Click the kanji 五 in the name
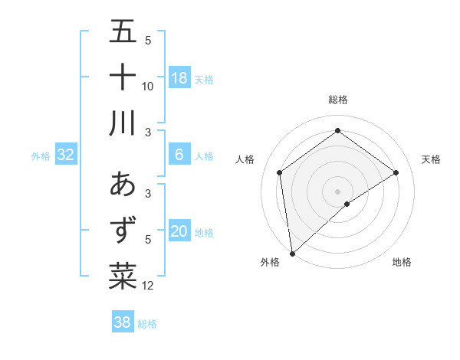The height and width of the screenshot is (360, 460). coord(123,32)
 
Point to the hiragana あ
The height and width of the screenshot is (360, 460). coord(123,185)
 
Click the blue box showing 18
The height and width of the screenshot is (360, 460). coord(179,78)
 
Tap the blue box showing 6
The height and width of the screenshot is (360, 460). coord(179,155)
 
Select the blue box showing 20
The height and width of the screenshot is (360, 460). coord(179,231)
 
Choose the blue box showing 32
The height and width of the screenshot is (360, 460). coord(66,155)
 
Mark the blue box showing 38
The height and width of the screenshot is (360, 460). coord(123,322)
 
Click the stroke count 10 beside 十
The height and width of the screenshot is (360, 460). coord(147,86)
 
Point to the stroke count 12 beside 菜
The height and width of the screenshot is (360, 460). coord(148,286)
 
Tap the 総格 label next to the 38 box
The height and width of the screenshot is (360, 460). coord(147,324)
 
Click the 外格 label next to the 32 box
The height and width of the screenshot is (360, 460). coord(41,156)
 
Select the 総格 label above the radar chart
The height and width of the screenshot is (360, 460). coord(337,100)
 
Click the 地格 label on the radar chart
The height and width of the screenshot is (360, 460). coord(402,262)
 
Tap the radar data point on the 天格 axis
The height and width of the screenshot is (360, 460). coord(396,172)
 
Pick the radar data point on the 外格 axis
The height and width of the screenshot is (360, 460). coord(292,253)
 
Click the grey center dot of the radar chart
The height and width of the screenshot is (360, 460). coord(337,191)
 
